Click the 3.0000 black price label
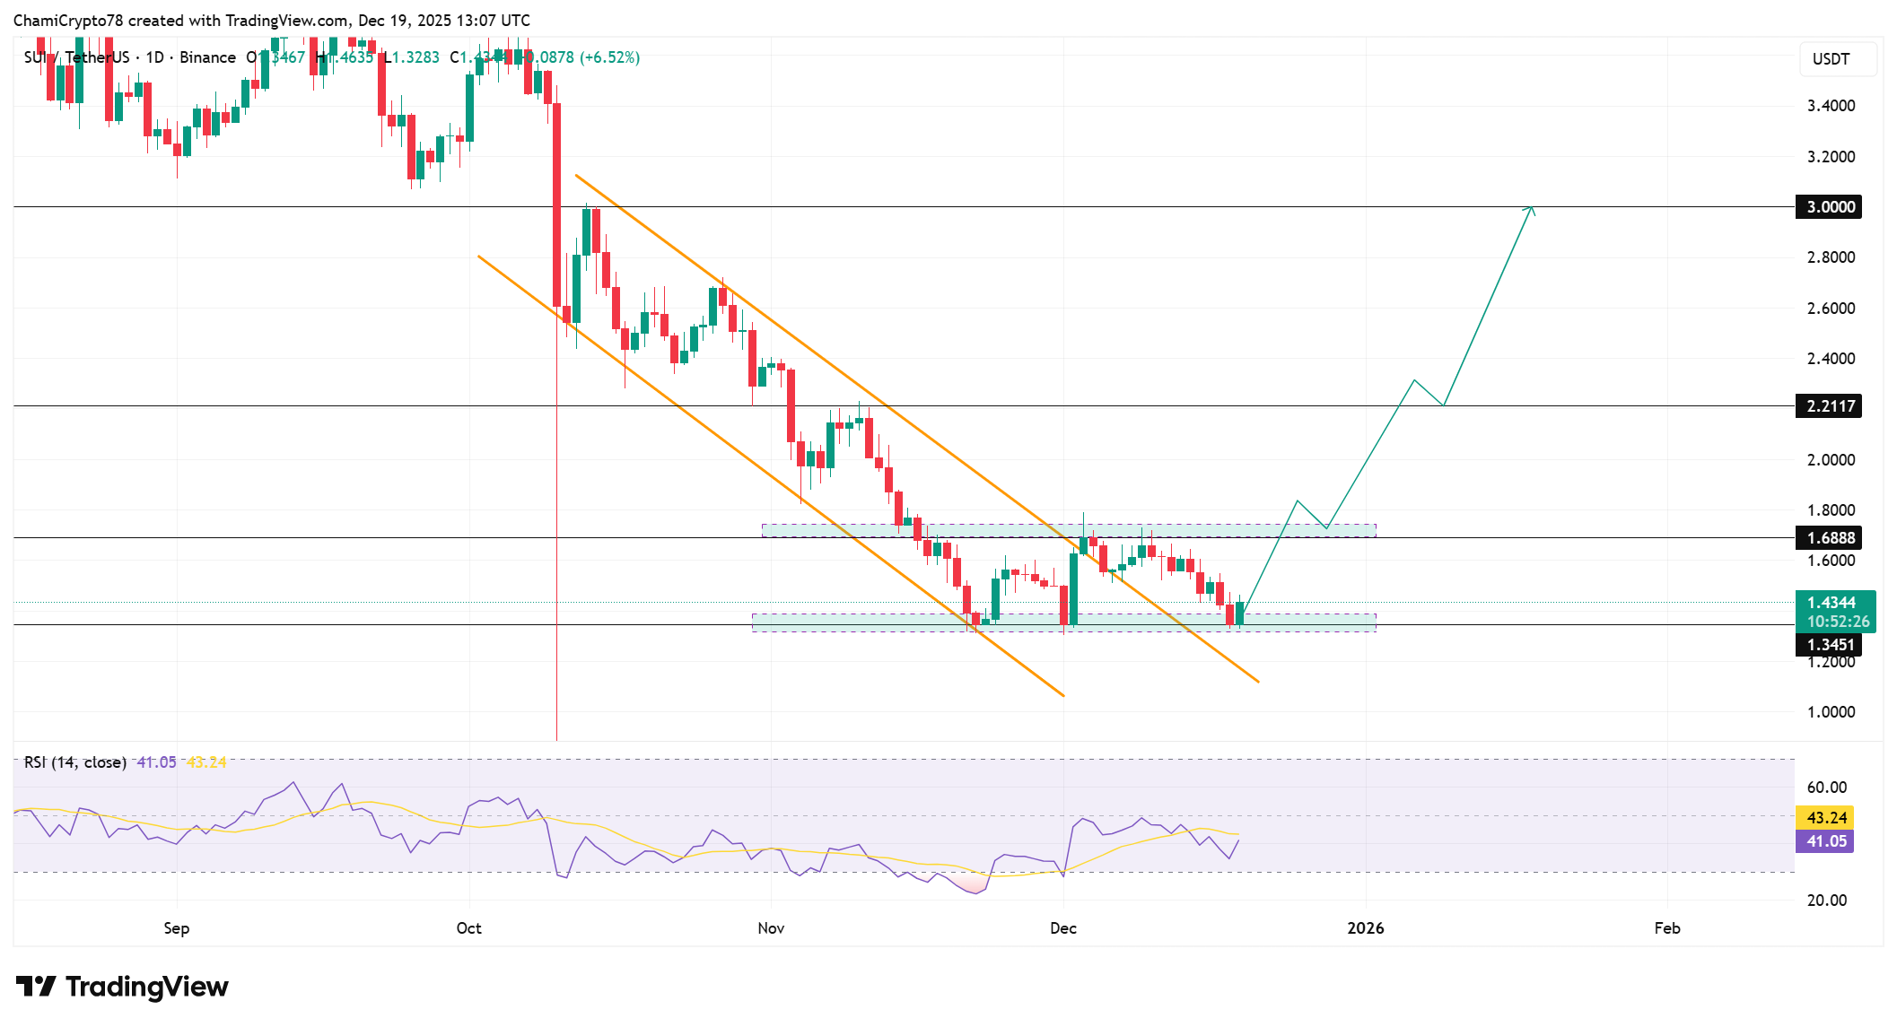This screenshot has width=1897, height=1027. (x=1830, y=207)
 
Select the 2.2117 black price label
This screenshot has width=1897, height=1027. (x=1830, y=406)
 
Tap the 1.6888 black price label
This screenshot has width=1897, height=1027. (x=1830, y=538)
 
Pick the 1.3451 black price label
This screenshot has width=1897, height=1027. (x=1830, y=645)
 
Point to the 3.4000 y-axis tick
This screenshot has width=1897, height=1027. (x=1831, y=106)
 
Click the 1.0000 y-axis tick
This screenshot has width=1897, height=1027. (x=1831, y=712)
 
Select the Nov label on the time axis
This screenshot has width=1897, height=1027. (x=771, y=928)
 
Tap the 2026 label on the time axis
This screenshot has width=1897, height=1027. (x=1365, y=928)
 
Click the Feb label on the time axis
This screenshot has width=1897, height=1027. (x=1666, y=928)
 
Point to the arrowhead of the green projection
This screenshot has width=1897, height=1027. (x=1531, y=209)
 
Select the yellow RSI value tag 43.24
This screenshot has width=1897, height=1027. (x=1826, y=818)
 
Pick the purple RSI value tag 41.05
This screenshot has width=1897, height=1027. (x=1826, y=841)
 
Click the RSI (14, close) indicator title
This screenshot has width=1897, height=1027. (x=75, y=762)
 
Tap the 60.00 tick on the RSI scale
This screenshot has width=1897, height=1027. (x=1826, y=788)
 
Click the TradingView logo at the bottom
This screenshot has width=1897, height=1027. (x=122, y=987)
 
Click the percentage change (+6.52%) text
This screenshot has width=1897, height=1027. (x=609, y=57)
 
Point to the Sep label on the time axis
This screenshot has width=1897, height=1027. (x=177, y=928)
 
